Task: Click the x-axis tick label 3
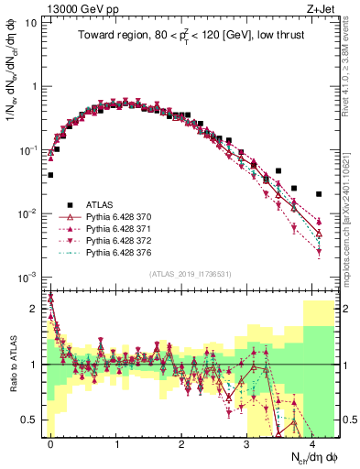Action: (247, 443)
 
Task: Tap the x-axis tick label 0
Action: (50, 443)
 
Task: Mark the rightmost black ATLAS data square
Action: (319, 194)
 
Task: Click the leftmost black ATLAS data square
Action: (50, 175)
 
